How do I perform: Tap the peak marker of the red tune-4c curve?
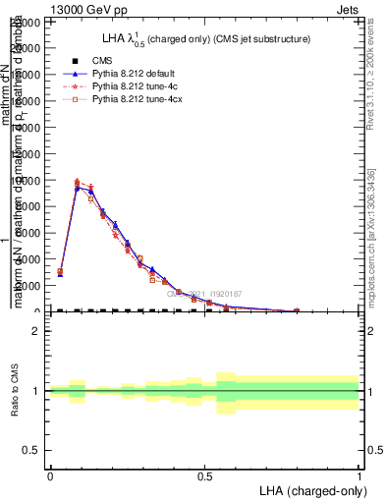(77, 182)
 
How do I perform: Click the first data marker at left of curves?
(60, 272)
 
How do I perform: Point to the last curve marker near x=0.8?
(297, 310)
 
